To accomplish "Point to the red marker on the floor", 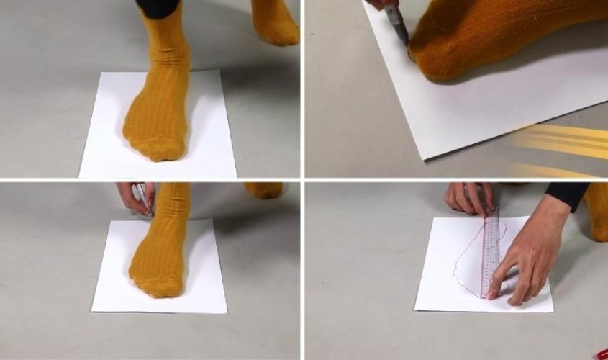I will point(600,354).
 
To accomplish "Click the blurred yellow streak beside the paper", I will point(561,140).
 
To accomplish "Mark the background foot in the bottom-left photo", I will point(262,190).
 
